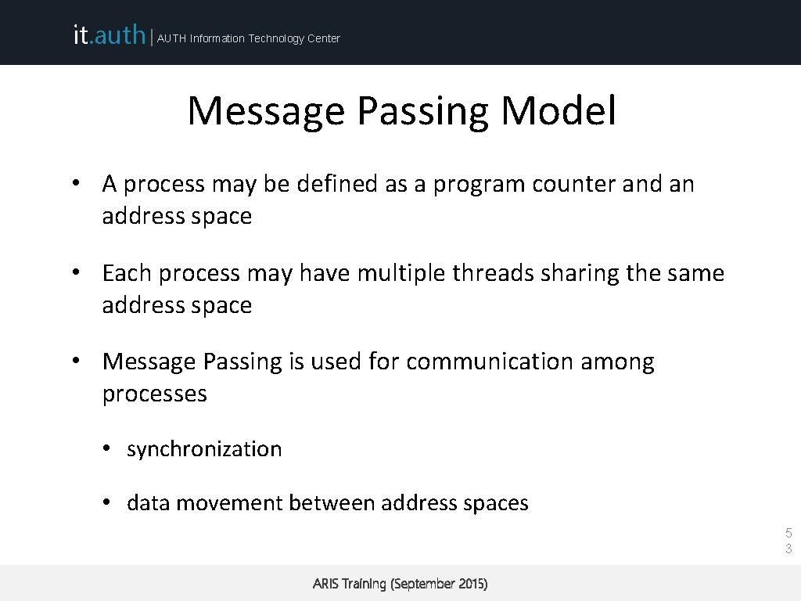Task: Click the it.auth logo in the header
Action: (109, 35)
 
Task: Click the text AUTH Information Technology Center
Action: (249, 38)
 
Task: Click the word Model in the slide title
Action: (559, 110)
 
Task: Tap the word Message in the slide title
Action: (266, 110)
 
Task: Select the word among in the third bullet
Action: (617, 362)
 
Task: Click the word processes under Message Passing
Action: (154, 394)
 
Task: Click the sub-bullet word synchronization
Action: (204, 449)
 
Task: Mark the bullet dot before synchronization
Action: (108, 449)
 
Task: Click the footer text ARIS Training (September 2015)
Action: (400, 584)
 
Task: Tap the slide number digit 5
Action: (788, 534)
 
